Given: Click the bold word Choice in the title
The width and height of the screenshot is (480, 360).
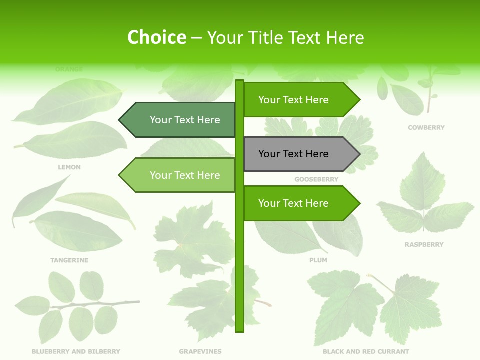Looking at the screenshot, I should point(156,37).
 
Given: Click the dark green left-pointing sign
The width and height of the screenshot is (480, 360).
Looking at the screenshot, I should point(180,120).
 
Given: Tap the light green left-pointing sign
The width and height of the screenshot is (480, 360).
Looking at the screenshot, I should point(180,175).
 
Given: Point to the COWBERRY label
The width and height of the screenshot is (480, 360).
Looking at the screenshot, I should point(426,128).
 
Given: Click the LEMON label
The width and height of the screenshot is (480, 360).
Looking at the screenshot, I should point(69,167).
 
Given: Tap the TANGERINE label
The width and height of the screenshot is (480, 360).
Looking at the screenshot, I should point(69,260).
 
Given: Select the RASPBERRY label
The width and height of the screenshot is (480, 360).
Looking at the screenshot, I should point(424,245).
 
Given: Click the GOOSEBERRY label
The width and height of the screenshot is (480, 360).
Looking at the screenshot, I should point(316,179).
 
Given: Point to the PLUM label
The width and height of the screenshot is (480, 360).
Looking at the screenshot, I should point(318,260).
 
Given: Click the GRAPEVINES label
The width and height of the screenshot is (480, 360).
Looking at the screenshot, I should point(200,352).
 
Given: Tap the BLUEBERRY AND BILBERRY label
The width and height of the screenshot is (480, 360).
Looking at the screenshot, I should point(76,352).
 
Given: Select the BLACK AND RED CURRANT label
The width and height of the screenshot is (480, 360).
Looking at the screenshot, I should point(366,352).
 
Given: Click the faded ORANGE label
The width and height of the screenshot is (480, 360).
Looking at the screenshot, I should point(69,69).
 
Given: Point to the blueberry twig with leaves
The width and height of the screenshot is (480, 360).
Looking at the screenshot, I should point(75,305).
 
